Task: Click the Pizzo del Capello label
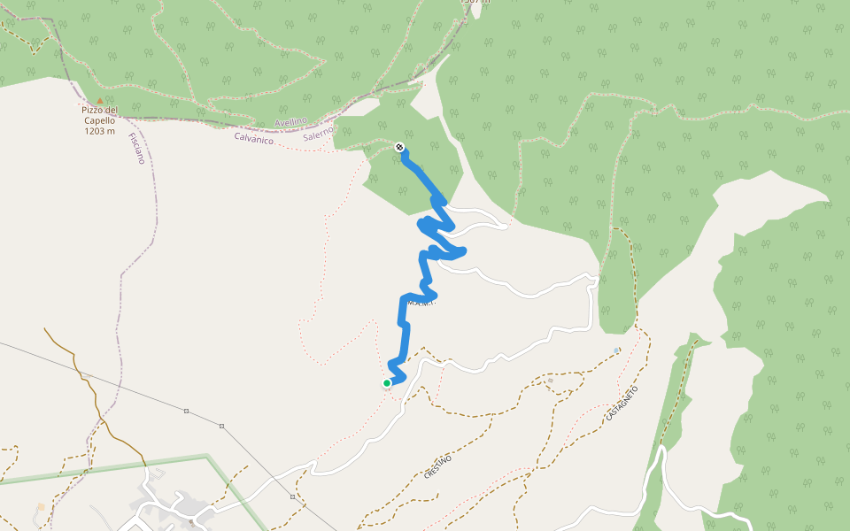click(100, 116)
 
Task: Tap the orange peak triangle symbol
click(100, 101)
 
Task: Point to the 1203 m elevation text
click(100, 131)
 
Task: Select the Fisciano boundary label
click(135, 148)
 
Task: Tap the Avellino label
click(290, 121)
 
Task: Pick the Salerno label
click(318, 133)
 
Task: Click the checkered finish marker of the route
click(400, 147)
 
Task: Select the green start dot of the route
click(387, 383)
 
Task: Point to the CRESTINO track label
click(437, 466)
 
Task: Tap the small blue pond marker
click(616, 350)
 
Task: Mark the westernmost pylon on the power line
click(187, 412)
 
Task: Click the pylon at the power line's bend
click(221, 426)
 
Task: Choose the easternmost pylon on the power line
click(292, 496)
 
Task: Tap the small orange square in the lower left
click(40, 507)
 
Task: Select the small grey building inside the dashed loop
click(550, 381)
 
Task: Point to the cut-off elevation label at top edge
click(475, 2)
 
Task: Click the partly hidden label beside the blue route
click(421, 303)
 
